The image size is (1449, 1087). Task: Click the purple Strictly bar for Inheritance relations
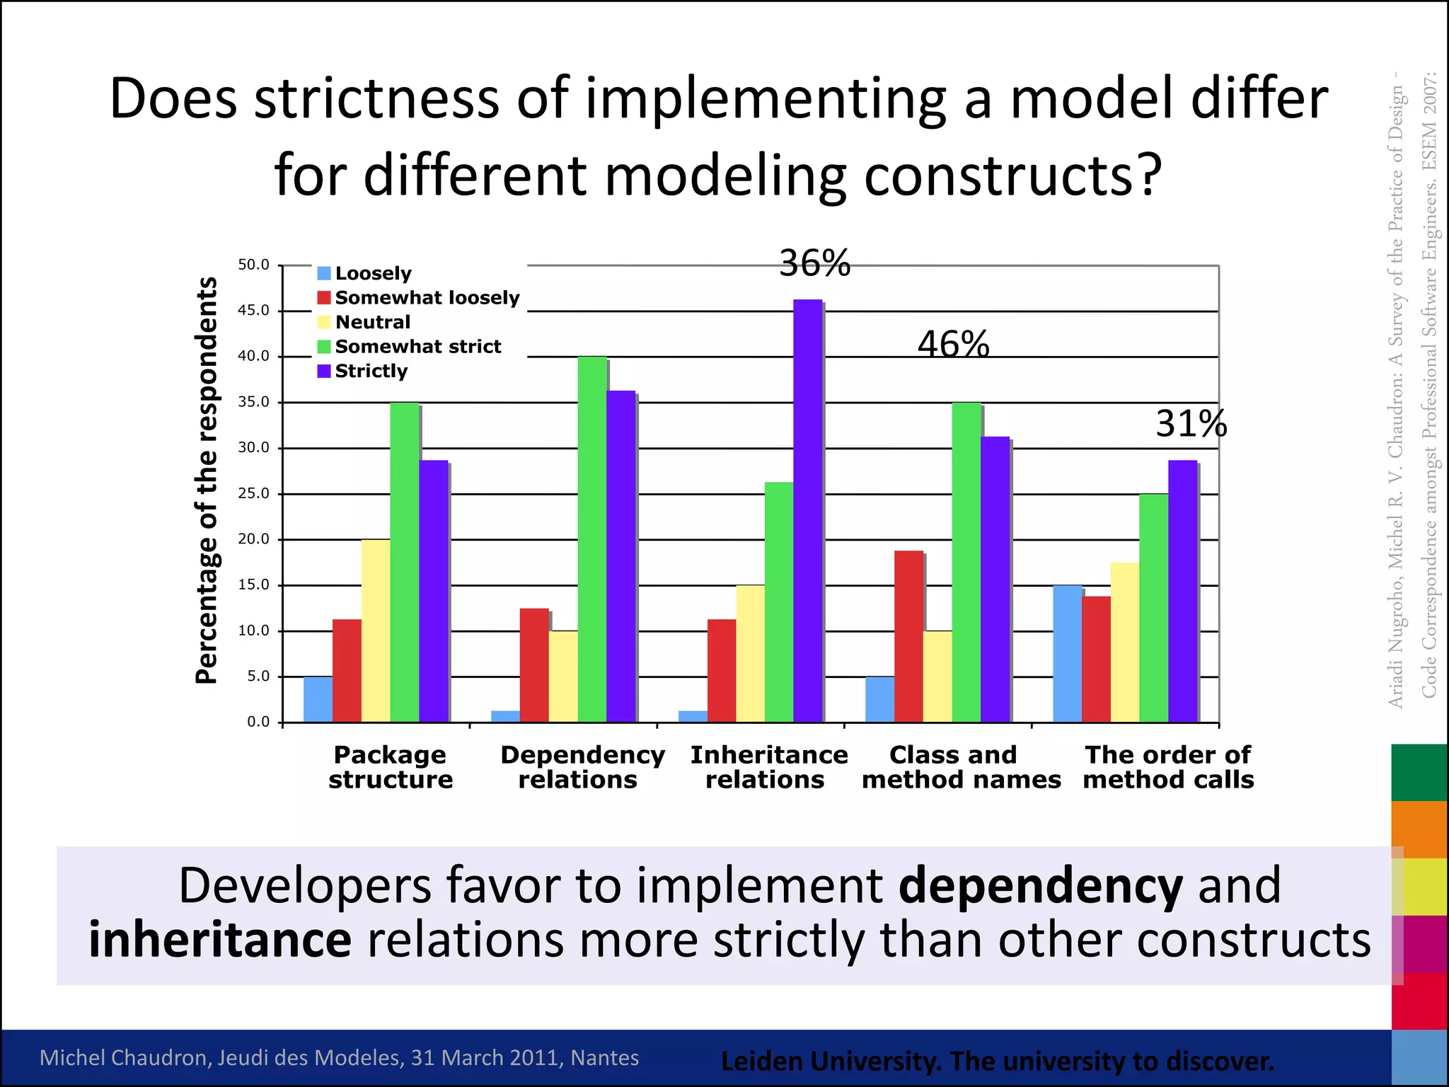[807, 510]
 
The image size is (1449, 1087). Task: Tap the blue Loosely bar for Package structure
[318, 699]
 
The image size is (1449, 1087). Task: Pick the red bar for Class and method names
[908, 636]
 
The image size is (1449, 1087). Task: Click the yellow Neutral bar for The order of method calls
[1124, 642]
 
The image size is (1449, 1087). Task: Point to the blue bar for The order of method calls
[1067, 653]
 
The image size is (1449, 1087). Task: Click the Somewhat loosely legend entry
[427, 298]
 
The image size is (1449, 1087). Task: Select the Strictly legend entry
[371, 371]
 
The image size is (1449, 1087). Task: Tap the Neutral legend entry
[372, 322]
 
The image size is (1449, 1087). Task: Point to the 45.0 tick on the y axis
[254, 311]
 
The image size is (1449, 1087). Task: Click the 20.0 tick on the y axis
[254, 539]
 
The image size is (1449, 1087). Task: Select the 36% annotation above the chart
[814, 264]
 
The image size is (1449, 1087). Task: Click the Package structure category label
[390, 767]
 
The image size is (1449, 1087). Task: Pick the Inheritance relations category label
[768, 767]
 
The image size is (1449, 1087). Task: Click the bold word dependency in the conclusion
[1039, 885]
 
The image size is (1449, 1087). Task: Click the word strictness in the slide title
[376, 99]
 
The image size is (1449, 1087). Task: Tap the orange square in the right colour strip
[1419, 829]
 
